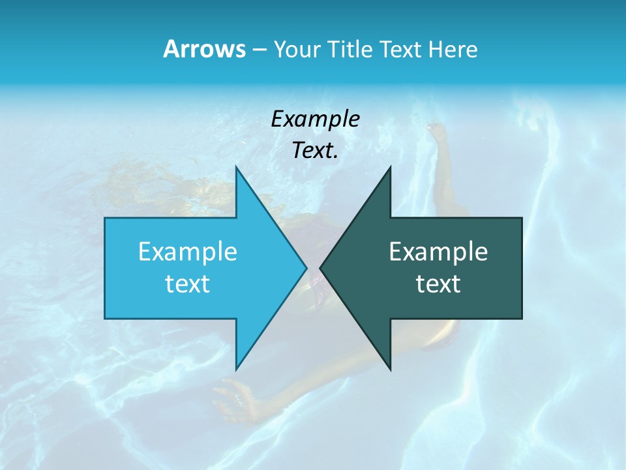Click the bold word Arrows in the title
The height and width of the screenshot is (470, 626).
(203, 50)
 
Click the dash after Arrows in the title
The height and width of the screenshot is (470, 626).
(259, 50)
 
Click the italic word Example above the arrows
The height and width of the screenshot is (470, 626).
(316, 119)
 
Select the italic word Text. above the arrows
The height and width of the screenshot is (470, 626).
(316, 151)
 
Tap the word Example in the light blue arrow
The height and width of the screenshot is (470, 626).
(188, 252)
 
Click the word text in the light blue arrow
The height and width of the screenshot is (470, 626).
(188, 283)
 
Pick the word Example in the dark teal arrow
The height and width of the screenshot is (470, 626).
(438, 252)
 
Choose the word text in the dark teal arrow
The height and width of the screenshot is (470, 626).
(438, 283)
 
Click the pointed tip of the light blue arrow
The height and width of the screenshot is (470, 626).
(306, 268)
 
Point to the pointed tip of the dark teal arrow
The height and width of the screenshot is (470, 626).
(320, 268)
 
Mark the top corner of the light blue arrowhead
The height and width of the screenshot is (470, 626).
(236, 167)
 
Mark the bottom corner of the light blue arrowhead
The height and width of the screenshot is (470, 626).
(236, 369)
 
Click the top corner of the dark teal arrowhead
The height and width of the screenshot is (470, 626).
(390, 167)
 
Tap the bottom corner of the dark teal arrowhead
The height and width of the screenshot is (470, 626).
(390, 369)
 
